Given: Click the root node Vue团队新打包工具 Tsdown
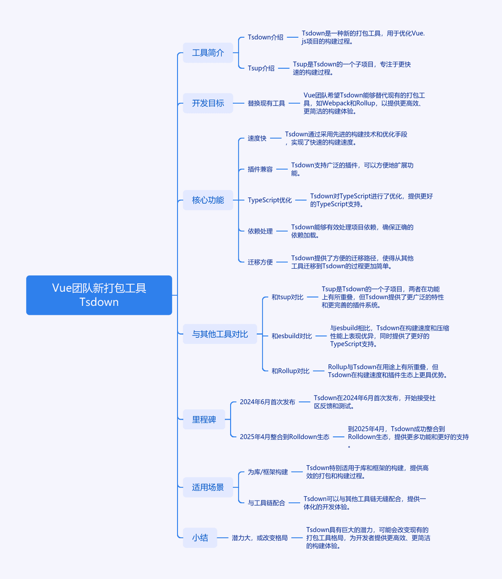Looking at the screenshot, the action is pos(99,295).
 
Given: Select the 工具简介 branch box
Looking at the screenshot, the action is pos(208,53).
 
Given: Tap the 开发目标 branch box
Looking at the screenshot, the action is pos(208,103).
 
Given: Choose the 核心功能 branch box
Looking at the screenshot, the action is pos(208,200).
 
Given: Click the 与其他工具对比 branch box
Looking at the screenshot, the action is pos(220,334).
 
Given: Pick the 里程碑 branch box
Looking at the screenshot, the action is pos(204,419).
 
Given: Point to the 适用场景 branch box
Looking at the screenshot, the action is pos(208,487).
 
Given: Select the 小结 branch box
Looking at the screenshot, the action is pos(200,538).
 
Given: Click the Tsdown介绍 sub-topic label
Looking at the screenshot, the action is pos(265,37).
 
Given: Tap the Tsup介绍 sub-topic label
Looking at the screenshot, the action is pos(261,68).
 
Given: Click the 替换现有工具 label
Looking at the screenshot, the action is pos(266,103).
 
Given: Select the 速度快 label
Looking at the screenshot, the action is pos(257,138).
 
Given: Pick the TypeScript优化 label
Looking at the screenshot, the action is pos(270,200).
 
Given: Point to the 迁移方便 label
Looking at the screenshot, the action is pos(260,262).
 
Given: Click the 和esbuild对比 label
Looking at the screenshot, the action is pos(291,336).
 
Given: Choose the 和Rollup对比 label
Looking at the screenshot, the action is pos(291,371).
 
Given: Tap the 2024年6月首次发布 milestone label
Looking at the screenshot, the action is pos(268,402).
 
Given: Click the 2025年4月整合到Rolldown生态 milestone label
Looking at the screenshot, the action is pos(284,437).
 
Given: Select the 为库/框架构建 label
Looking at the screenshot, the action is pos(268,472).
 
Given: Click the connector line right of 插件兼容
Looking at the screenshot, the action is pos(282,169).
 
